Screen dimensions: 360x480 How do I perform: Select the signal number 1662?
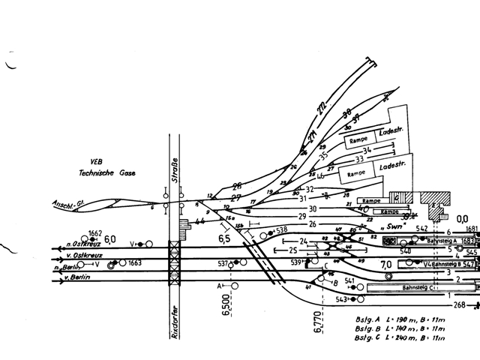95,233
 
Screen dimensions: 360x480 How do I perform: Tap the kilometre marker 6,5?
224,238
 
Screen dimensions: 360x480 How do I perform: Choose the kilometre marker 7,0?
386,264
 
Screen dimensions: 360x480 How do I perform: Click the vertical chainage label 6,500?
226,304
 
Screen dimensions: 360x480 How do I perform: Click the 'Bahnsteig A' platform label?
440,241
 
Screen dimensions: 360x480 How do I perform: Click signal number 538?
282,230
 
